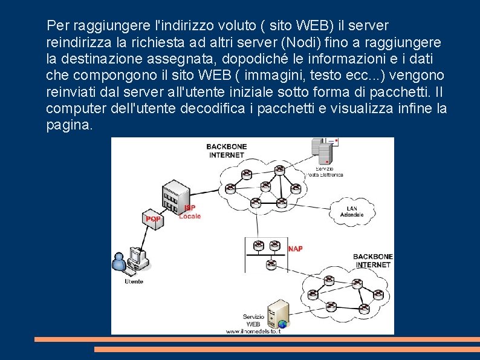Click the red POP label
click(153, 218)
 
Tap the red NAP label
click(295, 249)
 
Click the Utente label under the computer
click(134, 281)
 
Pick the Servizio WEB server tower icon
click(278, 313)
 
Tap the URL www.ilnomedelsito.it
click(253, 331)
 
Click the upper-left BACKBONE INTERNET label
click(226, 151)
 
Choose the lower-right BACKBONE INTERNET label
click(373, 261)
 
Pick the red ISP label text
click(189, 208)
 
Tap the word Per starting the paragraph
click(58, 26)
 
